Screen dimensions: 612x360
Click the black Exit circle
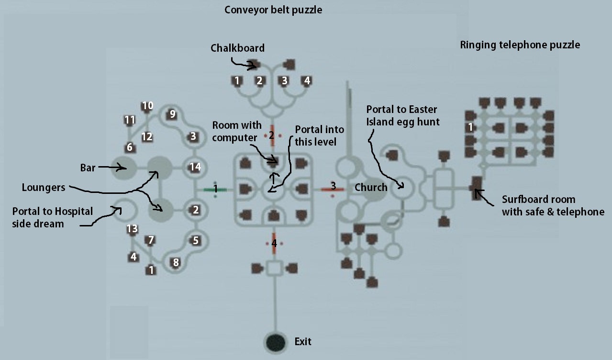point(276,342)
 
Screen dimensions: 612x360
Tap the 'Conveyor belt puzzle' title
point(273,10)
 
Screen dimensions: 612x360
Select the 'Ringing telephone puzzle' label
point(520,45)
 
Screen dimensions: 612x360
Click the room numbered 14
point(195,167)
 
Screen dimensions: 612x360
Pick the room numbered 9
point(172,114)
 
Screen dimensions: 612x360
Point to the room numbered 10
point(147,105)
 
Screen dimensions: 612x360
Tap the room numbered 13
point(132,228)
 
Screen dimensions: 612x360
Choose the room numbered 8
point(176,262)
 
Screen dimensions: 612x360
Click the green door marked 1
point(215,189)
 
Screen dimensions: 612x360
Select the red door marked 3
point(333,189)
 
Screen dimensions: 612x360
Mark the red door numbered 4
point(274,243)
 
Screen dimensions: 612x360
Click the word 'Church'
point(371,188)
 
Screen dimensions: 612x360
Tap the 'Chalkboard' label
point(237,48)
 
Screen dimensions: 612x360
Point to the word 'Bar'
point(88,168)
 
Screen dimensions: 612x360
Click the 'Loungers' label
point(44,188)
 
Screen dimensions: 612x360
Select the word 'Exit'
point(303,341)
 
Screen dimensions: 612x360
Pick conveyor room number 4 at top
point(307,81)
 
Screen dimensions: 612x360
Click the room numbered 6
point(130,147)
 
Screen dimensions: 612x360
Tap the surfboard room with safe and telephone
point(477,188)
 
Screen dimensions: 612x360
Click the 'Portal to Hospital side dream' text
point(53,218)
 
